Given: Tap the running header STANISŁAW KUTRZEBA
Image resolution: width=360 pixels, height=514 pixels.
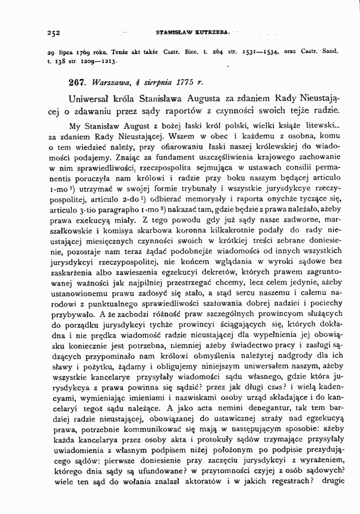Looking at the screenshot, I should pos(192,33).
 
